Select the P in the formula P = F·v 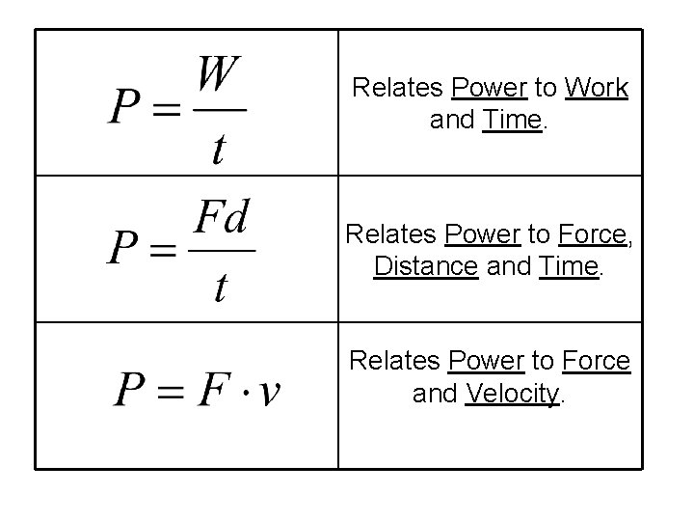(x=132, y=391)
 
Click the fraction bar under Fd (x=221, y=251)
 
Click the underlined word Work (x=598, y=89)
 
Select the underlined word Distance (x=425, y=267)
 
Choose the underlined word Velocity (x=511, y=394)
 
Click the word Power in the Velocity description (x=486, y=362)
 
